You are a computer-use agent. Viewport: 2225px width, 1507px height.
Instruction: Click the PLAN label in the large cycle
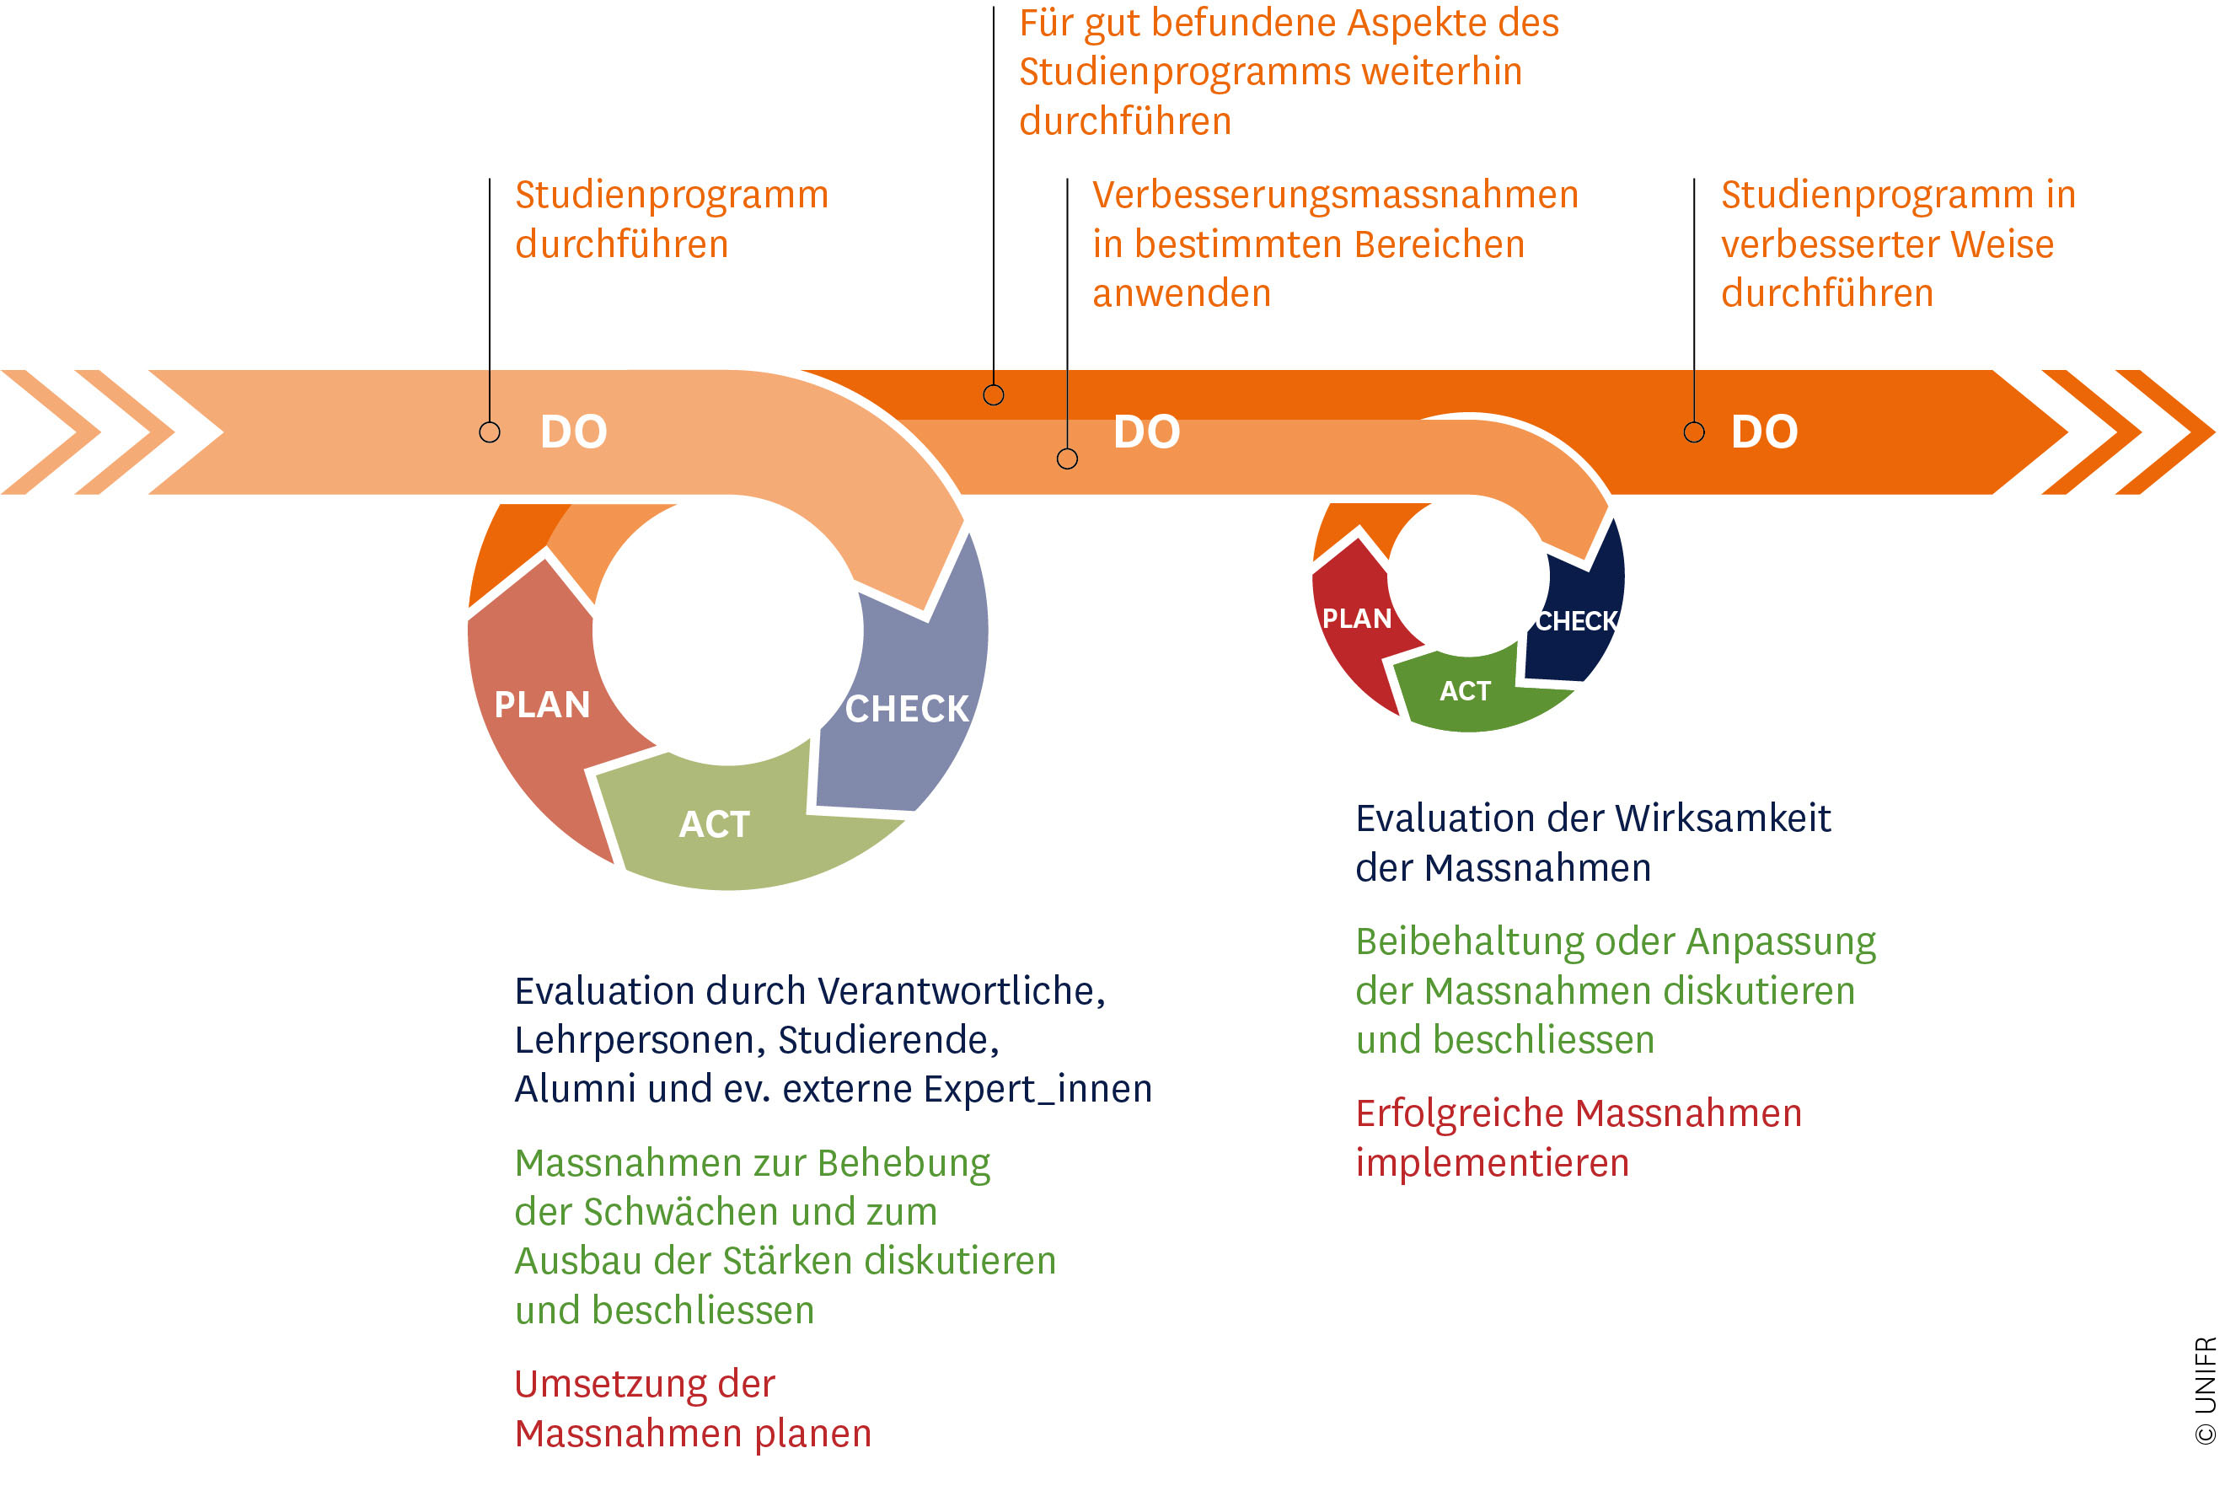[x=542, y=705]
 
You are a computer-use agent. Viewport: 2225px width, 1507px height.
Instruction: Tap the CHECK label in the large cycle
[x=907, y=710]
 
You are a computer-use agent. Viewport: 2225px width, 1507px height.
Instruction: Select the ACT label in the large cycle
[x=714, y=824]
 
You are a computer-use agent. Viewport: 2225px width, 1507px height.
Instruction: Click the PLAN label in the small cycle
[x=1357, y=619]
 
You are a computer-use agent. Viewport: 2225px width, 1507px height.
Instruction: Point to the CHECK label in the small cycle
[x=1577, y=621]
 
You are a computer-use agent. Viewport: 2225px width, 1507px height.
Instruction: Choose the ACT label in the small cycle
[x=1465, y=690]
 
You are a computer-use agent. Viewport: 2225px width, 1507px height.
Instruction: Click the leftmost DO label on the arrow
[x=573, y=432]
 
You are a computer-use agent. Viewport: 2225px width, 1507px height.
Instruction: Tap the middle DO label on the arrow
[x=1146, y=432]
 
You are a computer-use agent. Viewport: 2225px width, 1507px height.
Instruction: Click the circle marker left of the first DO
[x=489, y=432]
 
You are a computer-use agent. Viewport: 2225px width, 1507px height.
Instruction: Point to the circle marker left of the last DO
[x=1694, y=432]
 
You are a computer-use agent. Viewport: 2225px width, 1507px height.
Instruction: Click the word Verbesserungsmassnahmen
[x=1335, y=196]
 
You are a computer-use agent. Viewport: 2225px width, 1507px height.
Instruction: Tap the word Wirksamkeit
[x=1723, y=818]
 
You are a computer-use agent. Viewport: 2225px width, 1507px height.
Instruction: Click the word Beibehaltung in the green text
[x=1470, y=942]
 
